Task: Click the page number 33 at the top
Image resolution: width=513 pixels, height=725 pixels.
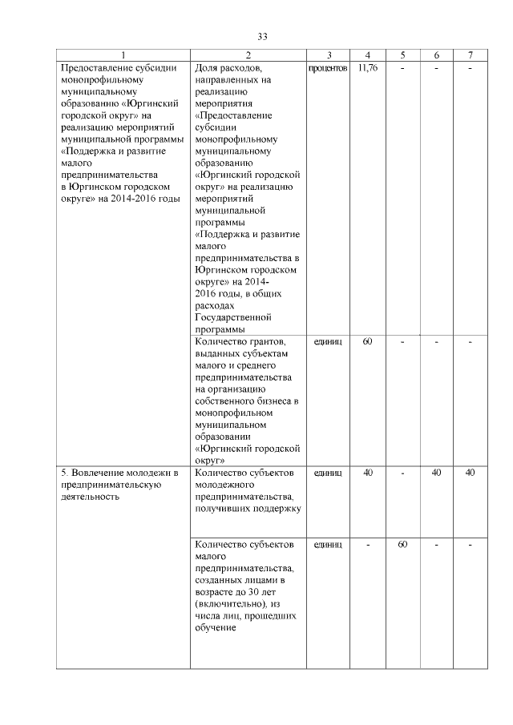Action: [x=262, y=37]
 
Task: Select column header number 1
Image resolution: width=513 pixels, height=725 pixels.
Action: [x=123, y=55]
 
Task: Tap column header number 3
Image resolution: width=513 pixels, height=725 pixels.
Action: [x=329, y=55]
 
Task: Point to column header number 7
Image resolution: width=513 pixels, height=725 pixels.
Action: [x=471, y=55]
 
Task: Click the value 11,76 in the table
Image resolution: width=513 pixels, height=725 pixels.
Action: [x=367, y=68]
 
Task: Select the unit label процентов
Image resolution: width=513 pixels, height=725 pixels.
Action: [x=328, y=68]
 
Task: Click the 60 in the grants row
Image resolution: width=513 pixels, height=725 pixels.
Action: [x=367, y=341]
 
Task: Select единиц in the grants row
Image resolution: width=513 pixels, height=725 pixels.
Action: [x=328, y=341]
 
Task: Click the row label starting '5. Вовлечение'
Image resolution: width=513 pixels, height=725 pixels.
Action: [x=118, y=473]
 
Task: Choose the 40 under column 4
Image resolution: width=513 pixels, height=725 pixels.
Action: [x=367, y=473]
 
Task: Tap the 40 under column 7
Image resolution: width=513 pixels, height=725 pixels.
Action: [x=471, y=473]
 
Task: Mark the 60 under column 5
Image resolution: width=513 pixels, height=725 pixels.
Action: [x=402, y=545]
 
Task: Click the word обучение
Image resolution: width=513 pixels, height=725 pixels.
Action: [x=215, y=628]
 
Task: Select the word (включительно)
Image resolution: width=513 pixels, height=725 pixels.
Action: [x=231, y=604]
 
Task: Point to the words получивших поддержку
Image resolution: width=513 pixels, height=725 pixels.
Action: [x=247, y=509]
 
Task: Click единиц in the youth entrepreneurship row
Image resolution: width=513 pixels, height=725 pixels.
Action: [x=328, y=473]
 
